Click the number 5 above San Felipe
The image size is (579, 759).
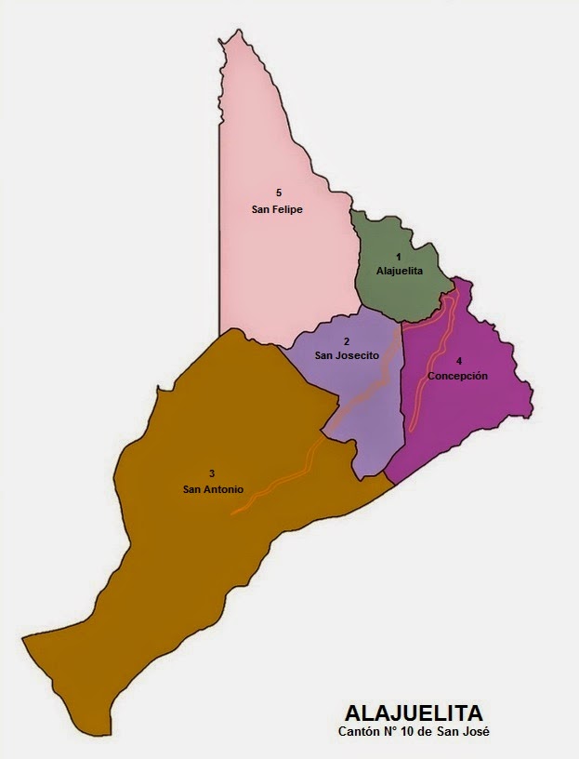coord(278,193)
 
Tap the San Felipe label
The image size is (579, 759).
coord(277,209)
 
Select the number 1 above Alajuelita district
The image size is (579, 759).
coord(399,255)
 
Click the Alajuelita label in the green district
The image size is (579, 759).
coord(400,271)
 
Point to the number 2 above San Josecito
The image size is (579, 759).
coord(346,340)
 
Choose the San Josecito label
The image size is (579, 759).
coord(346,354)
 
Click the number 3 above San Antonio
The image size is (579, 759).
coord(213,473)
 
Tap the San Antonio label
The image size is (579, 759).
coord(213,488)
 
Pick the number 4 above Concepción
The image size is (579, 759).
coord(458,360)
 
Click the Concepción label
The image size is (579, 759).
coord(458,375)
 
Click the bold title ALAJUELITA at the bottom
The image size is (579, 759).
coord(413,714)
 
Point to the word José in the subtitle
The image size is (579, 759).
coord(474,732)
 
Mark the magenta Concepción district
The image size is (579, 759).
coord(474,409)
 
